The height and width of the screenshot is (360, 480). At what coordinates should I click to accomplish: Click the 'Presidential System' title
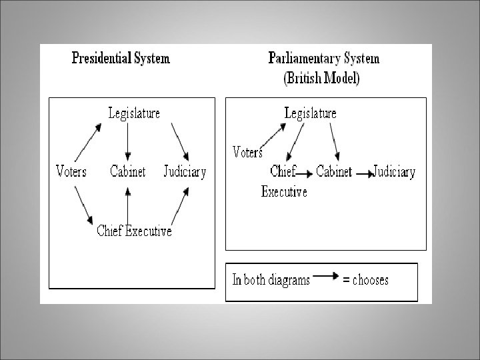121,58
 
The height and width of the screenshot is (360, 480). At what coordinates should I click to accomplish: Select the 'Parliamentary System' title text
323,58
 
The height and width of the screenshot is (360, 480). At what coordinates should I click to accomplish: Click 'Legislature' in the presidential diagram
134,113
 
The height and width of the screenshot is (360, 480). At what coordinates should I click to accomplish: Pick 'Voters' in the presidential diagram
71,171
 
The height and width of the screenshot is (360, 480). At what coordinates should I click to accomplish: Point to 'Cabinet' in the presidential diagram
127,171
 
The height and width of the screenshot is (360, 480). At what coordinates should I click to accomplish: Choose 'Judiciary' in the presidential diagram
185,171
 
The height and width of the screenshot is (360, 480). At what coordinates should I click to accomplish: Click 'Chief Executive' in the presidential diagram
134,231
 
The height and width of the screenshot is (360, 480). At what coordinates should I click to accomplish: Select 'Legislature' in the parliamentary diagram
310,113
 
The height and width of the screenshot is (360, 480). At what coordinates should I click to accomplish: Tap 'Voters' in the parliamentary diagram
247,152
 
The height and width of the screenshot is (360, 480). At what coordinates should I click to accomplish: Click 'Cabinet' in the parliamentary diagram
333,171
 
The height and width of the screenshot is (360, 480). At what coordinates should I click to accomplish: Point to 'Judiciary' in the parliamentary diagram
394,171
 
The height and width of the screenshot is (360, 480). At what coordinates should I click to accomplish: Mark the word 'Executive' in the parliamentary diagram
284,192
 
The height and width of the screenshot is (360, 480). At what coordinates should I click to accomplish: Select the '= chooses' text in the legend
365,281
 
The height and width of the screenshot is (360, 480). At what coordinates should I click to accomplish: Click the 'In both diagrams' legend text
271,281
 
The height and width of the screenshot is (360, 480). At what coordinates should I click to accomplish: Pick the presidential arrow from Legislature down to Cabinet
127,141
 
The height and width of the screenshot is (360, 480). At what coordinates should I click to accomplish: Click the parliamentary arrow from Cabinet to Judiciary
364,173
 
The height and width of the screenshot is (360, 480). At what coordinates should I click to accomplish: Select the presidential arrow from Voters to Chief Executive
83,205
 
